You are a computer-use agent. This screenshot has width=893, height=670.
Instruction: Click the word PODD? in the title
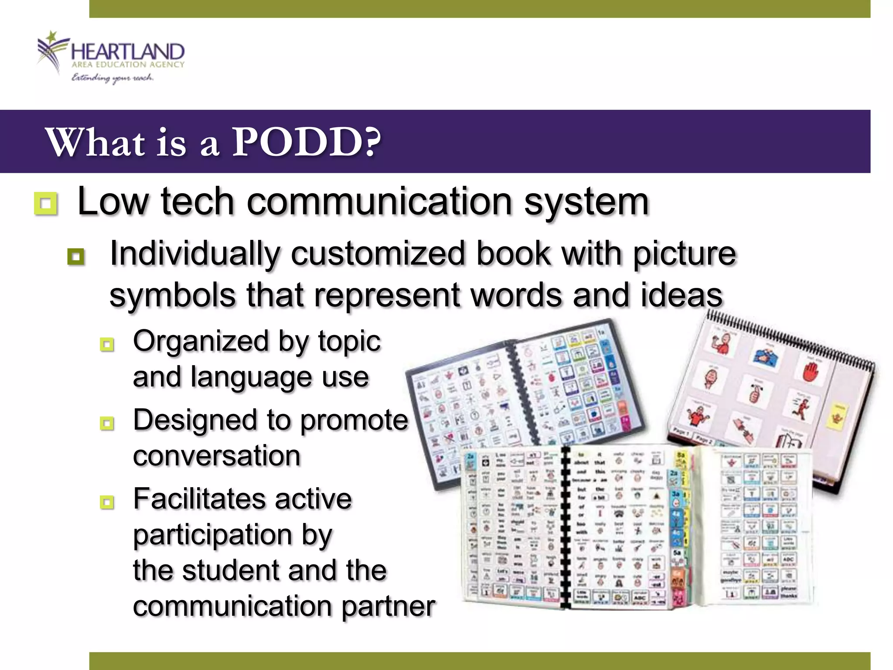click(x=305, y=143)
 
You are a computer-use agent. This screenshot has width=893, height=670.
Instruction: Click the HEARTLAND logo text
click(x=127, y=52)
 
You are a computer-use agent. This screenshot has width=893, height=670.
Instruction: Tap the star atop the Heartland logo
click(x=52, y=36)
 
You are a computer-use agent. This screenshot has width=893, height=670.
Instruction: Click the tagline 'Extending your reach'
click(x=112, y=78)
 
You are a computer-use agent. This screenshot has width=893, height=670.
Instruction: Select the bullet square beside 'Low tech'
click(x=46, y=204)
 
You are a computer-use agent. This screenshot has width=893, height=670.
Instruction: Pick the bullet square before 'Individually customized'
click(x=76, y=256)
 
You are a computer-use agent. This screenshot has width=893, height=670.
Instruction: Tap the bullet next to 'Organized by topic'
click(x=107, y=345)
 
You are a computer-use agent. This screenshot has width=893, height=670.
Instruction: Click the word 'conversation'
click(x=217, y=456)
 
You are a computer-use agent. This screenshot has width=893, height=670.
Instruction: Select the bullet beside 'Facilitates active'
click(x=107, y=502)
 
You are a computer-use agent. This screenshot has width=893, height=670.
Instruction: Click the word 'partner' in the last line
click(x=388, y=606)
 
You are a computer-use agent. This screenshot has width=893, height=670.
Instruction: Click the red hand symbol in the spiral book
click(x=811, y=372)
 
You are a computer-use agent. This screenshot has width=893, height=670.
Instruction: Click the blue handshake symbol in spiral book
click(x=766, y=357)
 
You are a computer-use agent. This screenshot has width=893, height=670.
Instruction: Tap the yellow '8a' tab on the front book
click(x=681, y=455)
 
